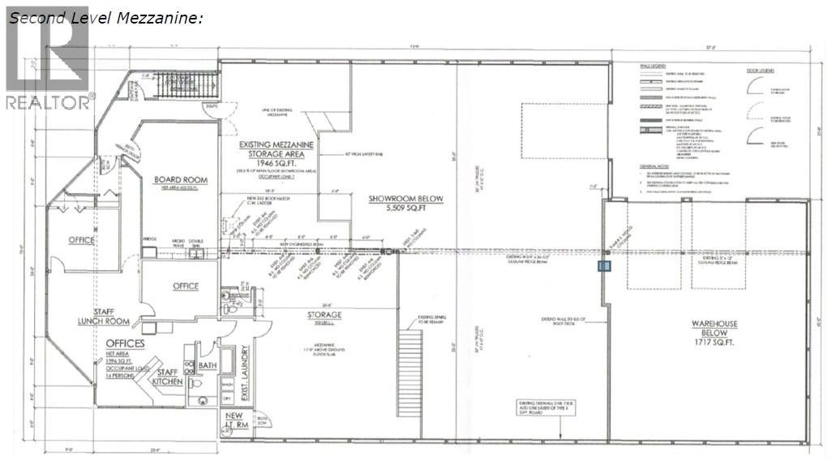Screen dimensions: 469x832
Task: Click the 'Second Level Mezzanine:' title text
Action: coord(105,17)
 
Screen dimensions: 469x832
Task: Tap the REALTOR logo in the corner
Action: coord(48,58)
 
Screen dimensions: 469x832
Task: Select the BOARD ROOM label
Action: coord(181,180)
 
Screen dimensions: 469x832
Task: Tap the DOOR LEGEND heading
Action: coord(761,70)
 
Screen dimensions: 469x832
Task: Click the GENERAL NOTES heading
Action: coord(656,164)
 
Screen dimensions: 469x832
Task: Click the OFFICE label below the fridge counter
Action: coord(185,286)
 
